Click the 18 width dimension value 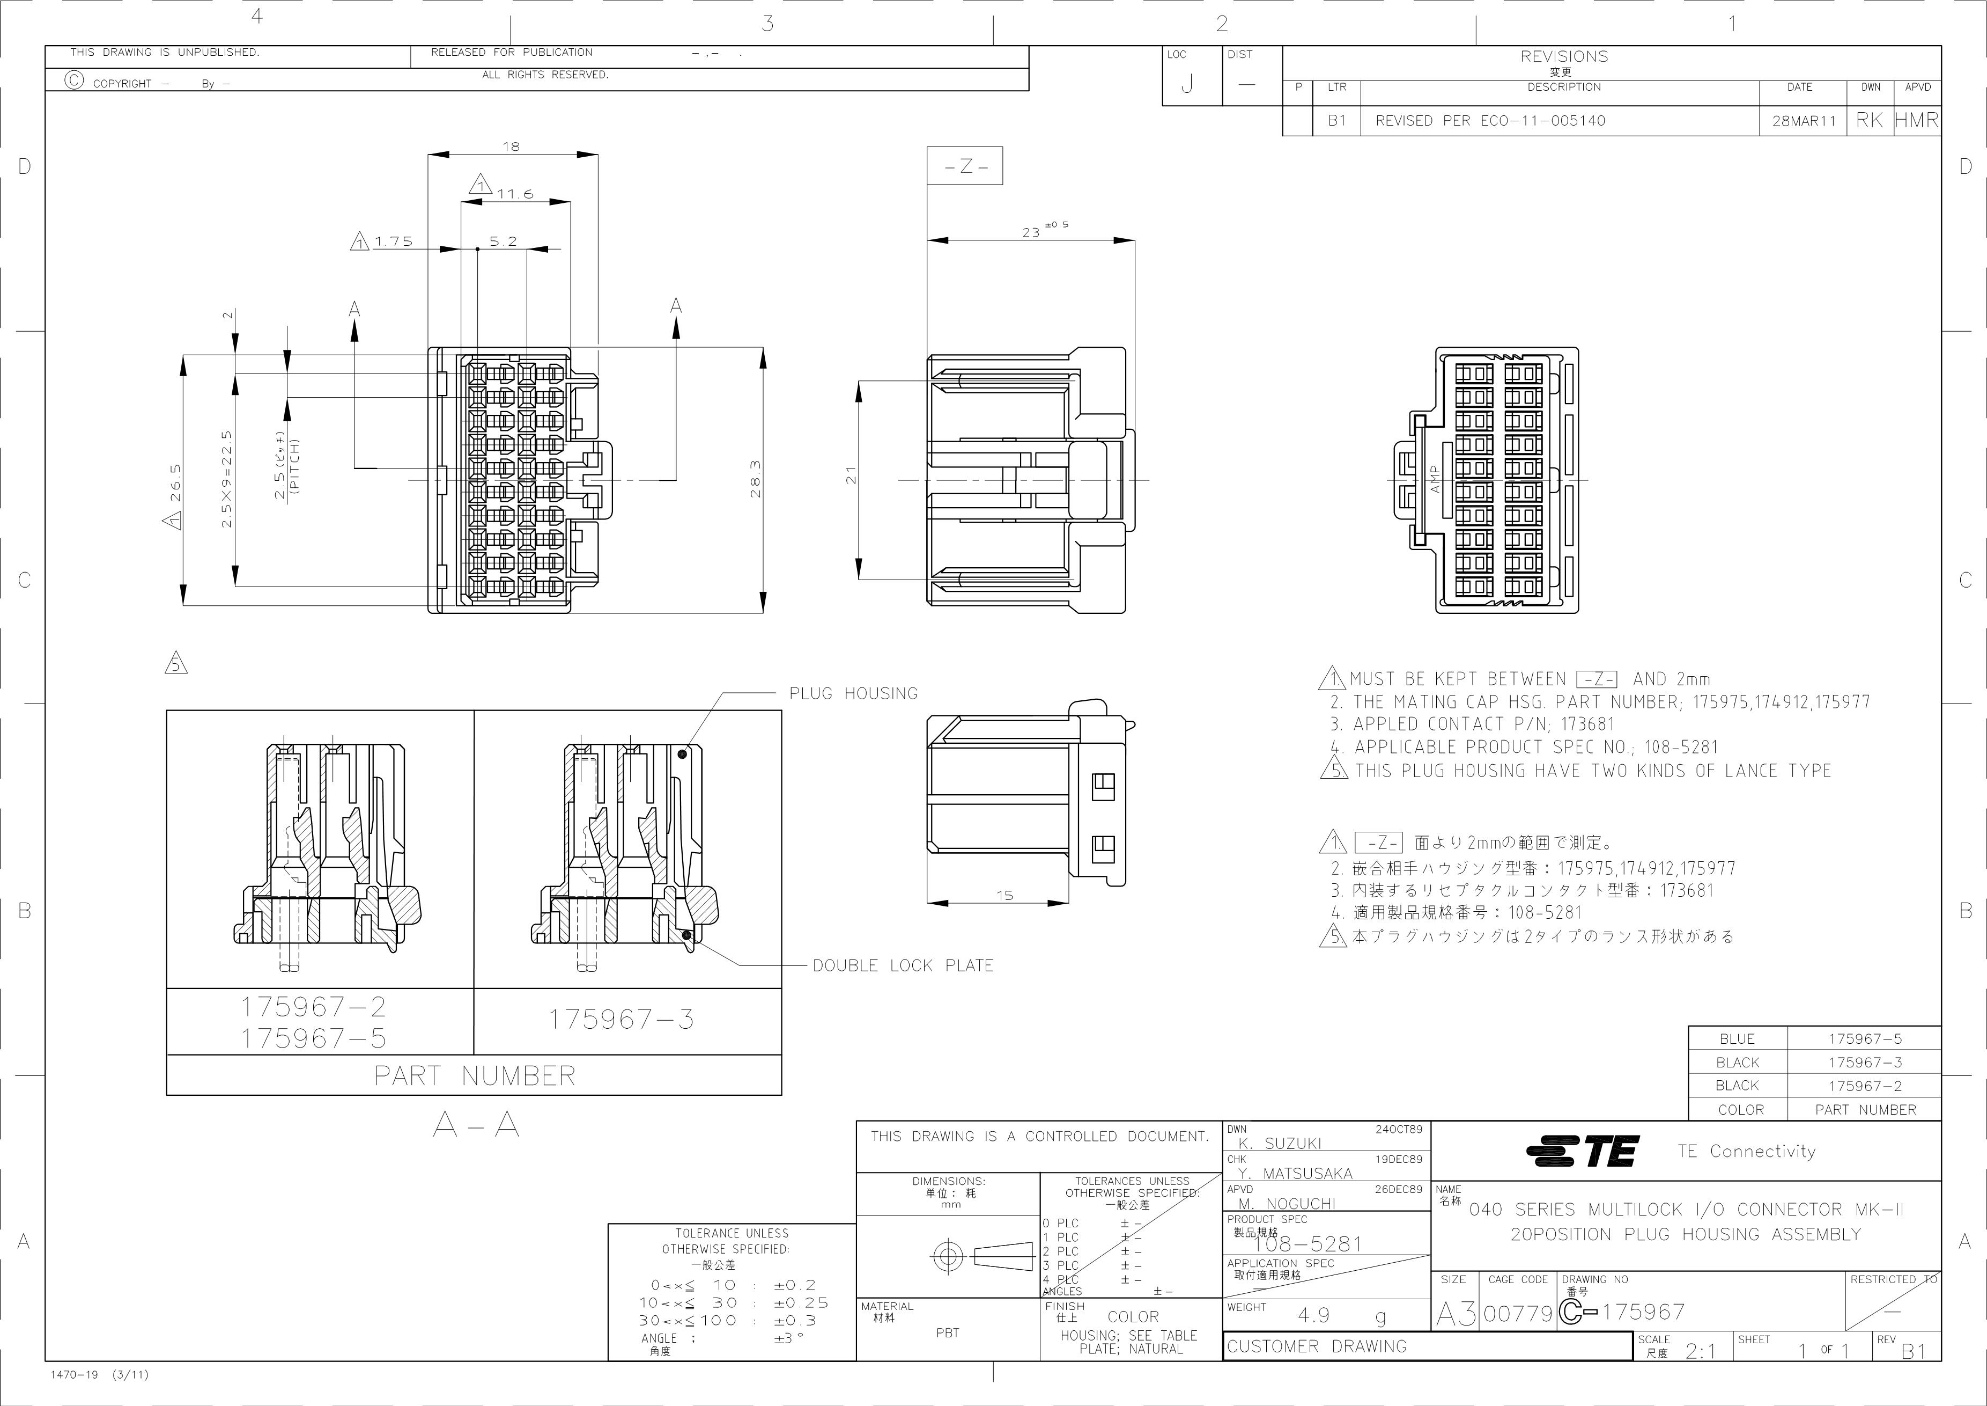[512, 147]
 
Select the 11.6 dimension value [515, 194]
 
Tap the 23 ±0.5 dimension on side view [1045, 230]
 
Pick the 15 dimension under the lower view [1004, 895]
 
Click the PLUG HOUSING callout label [853, 693]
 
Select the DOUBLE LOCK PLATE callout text [903, 965]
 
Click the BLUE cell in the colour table [1737, 1039]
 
